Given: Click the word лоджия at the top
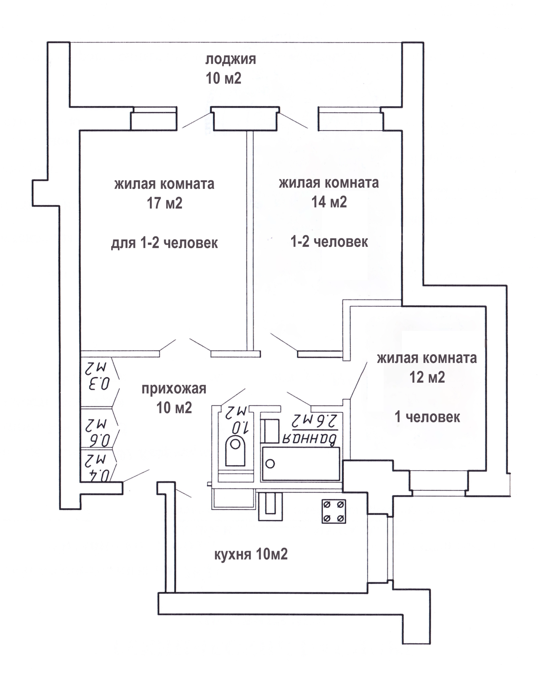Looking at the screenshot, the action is tap(231, 59).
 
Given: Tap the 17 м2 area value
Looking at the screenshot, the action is tap(164, 203).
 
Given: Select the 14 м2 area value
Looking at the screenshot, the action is tap(329, 202).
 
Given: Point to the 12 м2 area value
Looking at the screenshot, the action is tap(427, 377).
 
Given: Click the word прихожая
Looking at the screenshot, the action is tap(174, 389).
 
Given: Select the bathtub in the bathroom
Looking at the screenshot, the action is tap(301, 464).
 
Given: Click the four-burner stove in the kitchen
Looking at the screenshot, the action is tap(334, 511).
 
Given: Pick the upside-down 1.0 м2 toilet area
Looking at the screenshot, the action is tap(238, 420).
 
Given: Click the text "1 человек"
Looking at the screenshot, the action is tap(427, 417).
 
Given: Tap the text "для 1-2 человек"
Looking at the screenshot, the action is tap(164, 243).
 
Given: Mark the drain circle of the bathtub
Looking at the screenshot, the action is tap(270, 464).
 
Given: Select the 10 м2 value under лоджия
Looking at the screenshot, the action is tap(223, 78).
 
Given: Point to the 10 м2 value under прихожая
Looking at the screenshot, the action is tap(174, 408).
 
